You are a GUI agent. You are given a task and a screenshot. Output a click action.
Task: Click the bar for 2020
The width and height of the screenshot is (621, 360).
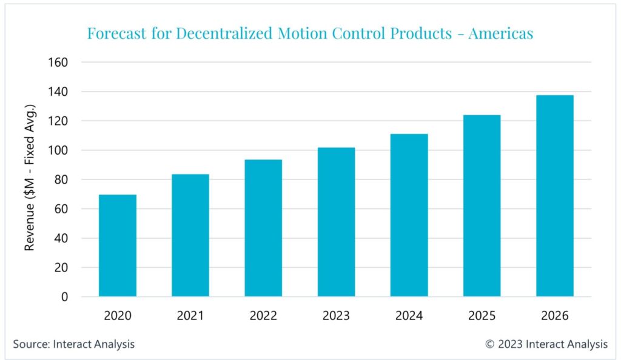118,245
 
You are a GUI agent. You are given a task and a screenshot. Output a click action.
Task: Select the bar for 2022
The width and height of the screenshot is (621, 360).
263,228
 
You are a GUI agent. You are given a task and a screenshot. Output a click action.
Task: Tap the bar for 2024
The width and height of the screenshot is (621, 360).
409,215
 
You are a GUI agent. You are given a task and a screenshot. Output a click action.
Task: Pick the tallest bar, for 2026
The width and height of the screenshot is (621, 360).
554,196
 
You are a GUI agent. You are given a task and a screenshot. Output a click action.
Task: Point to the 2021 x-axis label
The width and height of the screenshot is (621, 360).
190,316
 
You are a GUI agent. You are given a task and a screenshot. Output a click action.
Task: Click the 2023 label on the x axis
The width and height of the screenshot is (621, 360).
336,316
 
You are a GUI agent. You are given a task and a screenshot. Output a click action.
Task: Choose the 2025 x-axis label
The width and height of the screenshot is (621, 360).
482,316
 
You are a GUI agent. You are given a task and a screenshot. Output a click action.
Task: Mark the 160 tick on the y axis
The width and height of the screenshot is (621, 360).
58,62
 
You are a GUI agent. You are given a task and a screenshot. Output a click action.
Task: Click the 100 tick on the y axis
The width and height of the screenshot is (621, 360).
58,150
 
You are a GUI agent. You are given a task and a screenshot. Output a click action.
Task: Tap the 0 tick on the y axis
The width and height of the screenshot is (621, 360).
64,297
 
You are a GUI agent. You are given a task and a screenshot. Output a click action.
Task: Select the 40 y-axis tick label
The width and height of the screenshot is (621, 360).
61,238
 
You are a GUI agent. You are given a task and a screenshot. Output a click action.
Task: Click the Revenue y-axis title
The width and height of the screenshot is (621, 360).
29,178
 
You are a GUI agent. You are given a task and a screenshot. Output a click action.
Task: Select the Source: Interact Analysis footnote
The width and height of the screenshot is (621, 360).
74,344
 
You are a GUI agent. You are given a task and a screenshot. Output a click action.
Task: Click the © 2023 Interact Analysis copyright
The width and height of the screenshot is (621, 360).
546,344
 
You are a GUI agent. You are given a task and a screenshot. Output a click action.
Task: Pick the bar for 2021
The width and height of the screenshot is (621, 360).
190,235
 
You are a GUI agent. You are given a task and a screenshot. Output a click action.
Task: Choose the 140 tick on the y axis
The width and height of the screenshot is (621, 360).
58,92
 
